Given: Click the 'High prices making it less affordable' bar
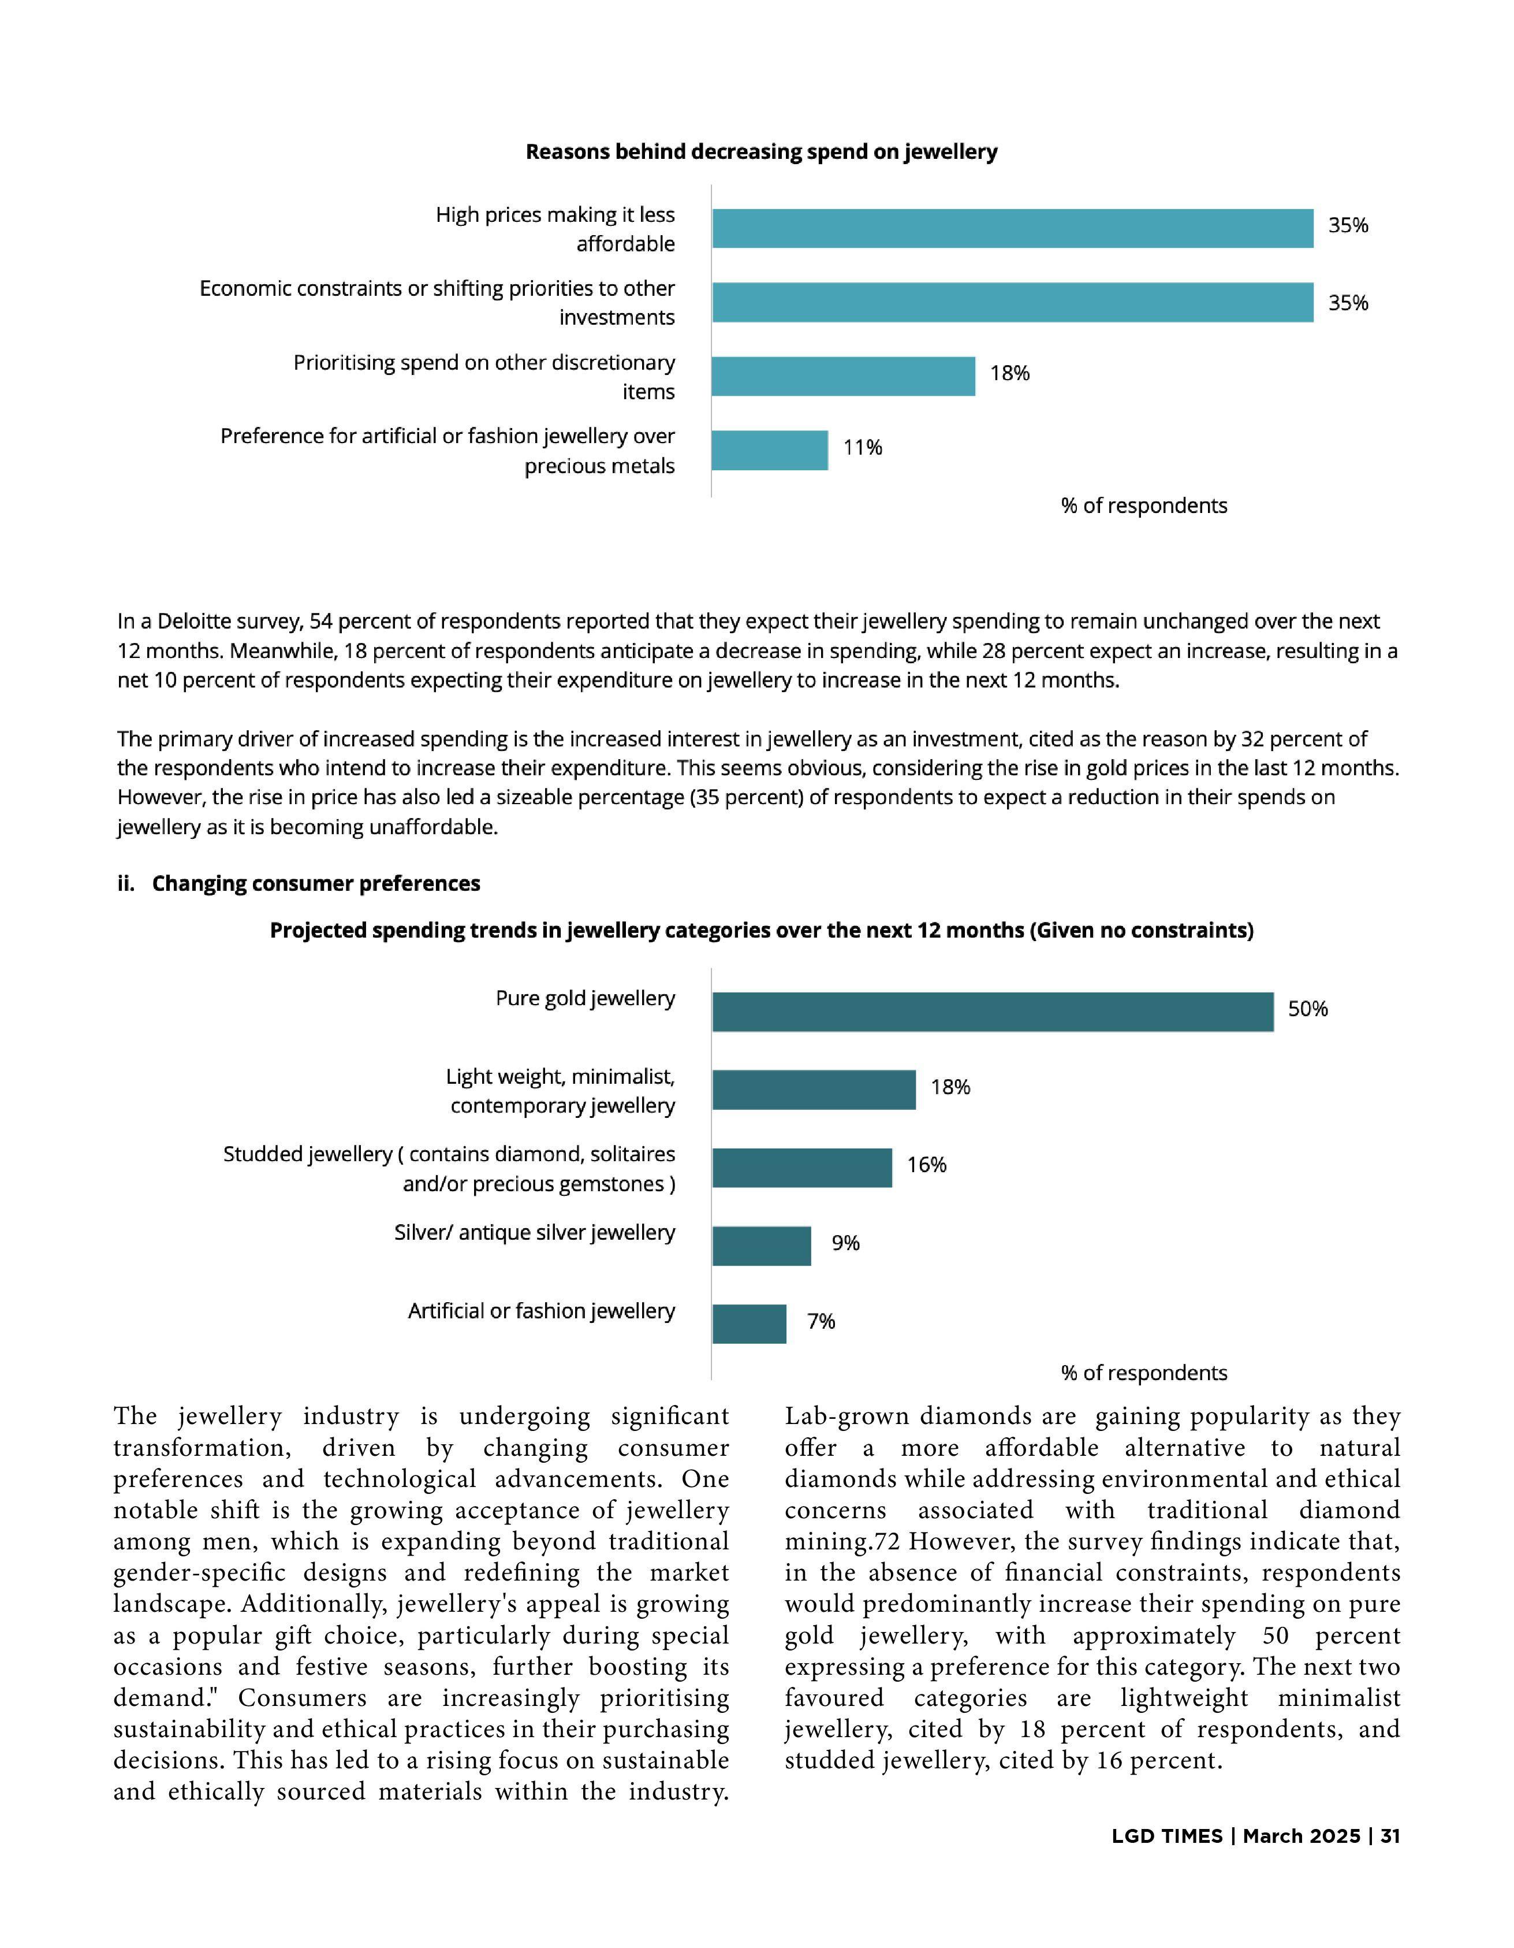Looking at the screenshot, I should (x=1012, y=228).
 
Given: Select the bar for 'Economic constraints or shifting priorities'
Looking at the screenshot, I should (x=1012, y=302).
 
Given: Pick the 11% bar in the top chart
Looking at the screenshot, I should (x=770, y=451).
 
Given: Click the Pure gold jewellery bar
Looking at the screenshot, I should (x=993, y=1012).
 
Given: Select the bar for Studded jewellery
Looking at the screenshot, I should (x=801, y=1168).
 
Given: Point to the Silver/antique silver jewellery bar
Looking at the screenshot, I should (x=762, y=1246).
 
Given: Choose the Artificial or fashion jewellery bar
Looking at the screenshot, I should (x=749, y=1324).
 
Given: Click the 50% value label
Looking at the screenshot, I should (x=1307, y=1009).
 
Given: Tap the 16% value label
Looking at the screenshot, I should (x=926, y=1165).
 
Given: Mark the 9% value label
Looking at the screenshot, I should (x=845, y=1243).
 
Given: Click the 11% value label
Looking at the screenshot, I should (x=862, y=447).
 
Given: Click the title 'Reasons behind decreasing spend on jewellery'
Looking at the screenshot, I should (x=760, y=151).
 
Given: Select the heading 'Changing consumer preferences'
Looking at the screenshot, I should (x=316, y=883).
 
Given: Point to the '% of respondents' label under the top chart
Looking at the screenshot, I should (x=1143, y=505).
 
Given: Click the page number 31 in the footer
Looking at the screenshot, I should (x=1390, y=1835).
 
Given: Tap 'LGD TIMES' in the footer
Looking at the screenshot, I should (x=1166, y=1835).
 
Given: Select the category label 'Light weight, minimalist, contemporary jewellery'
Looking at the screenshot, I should (x=561, y=1091).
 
